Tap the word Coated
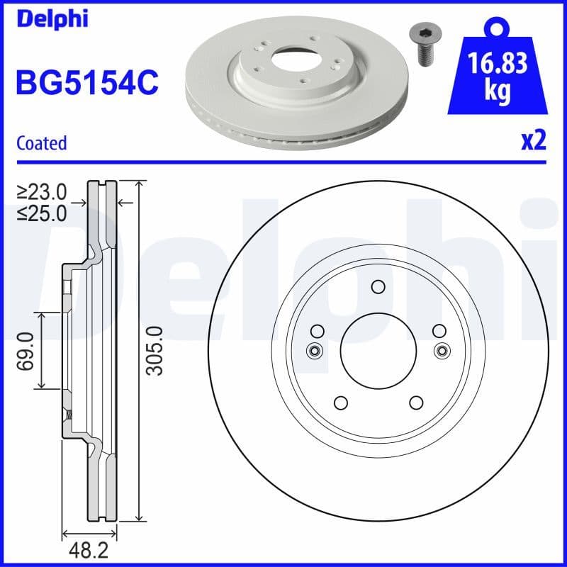(41, 143)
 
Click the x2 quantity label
(534, 141)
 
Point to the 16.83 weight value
(497, 65)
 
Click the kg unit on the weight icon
(497, 93)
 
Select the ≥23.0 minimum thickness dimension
(42, 191)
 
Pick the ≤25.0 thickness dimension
(42, 212)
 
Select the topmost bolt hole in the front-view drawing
(378, 287)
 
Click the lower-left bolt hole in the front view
(340, 403)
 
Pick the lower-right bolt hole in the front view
(416, 403)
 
